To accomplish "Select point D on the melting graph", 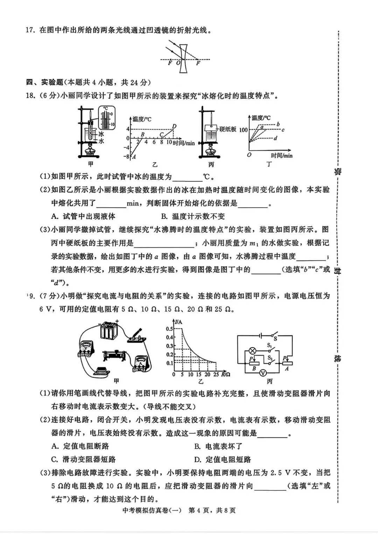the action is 174,126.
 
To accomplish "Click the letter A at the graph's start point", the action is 134,157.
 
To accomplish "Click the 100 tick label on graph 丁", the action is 243,130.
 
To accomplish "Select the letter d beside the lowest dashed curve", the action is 275,138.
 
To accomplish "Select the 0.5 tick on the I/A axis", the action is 169,329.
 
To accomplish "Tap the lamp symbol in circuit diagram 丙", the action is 251,350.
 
